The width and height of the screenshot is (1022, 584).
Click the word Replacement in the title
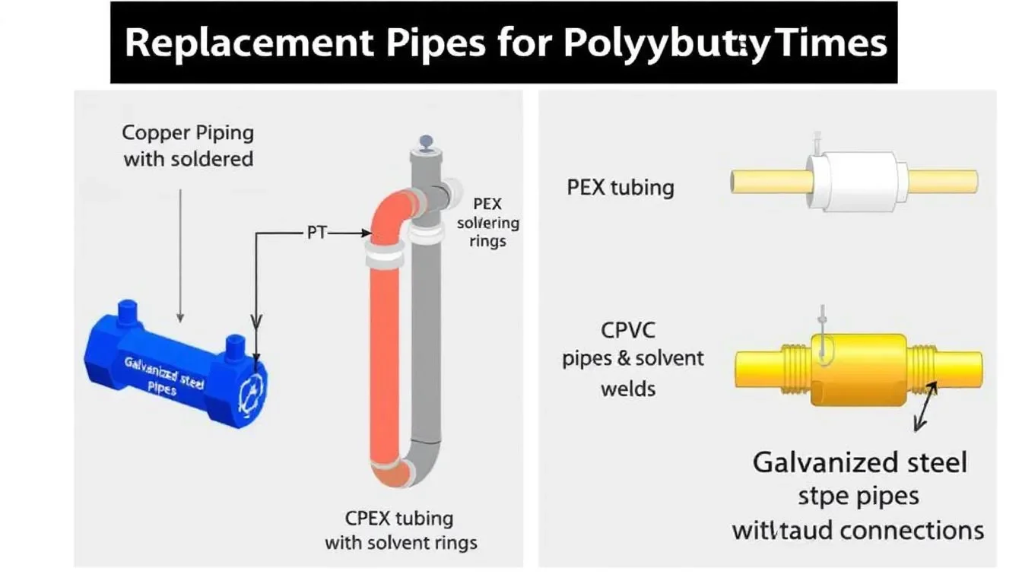[249, 43]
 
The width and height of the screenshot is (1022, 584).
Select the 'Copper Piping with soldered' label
[188, 145]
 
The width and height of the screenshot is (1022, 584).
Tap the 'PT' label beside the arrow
[316, 233]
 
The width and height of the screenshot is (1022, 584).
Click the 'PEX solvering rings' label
[488, 223]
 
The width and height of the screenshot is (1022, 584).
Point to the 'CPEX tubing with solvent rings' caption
[401, 531]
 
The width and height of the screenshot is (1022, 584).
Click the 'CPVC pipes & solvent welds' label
[633, 360]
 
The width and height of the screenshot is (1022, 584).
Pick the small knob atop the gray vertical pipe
[424, 141]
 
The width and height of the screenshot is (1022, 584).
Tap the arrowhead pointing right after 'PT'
[363, 233]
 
